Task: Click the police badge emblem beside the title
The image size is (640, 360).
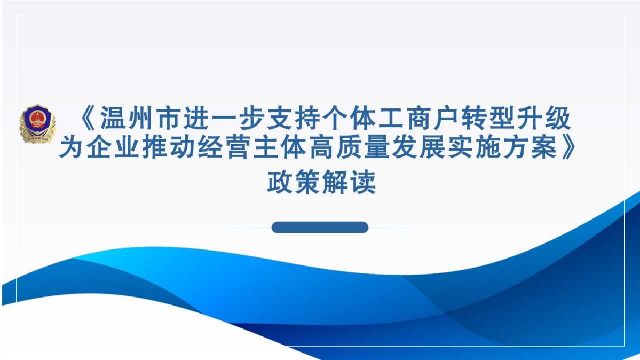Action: pos(37,124)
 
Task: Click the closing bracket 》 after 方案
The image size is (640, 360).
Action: pos(568,147)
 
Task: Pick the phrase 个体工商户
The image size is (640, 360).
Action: pos(391,119)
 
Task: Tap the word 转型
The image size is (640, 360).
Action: pos(487,119)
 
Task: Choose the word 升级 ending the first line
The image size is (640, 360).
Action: pos(543,119)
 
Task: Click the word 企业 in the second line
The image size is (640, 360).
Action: pos(114,147)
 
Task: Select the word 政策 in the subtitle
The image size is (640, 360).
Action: pos(294,182)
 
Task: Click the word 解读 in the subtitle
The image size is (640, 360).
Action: pos(349,182)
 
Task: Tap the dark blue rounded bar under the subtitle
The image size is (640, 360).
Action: pos(320,227)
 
